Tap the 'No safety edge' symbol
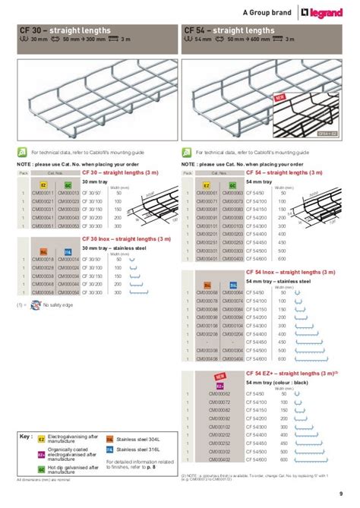27,304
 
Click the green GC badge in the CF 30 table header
67,185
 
